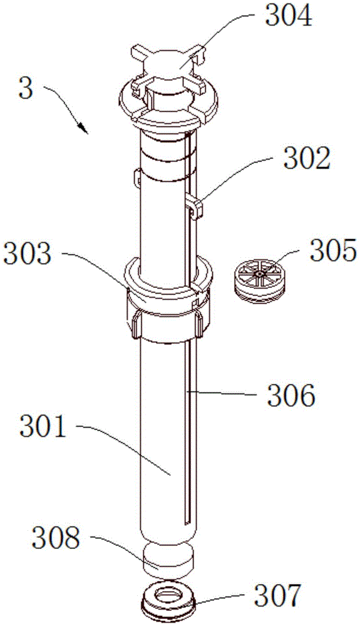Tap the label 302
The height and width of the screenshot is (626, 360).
[x=307, y=160]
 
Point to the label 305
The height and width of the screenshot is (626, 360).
[x=333, y=250]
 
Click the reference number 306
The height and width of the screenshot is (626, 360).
[x=291, y=395]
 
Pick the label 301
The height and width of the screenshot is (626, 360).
[x=43, y=427]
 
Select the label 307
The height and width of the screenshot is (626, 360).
[x=278, y=596]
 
